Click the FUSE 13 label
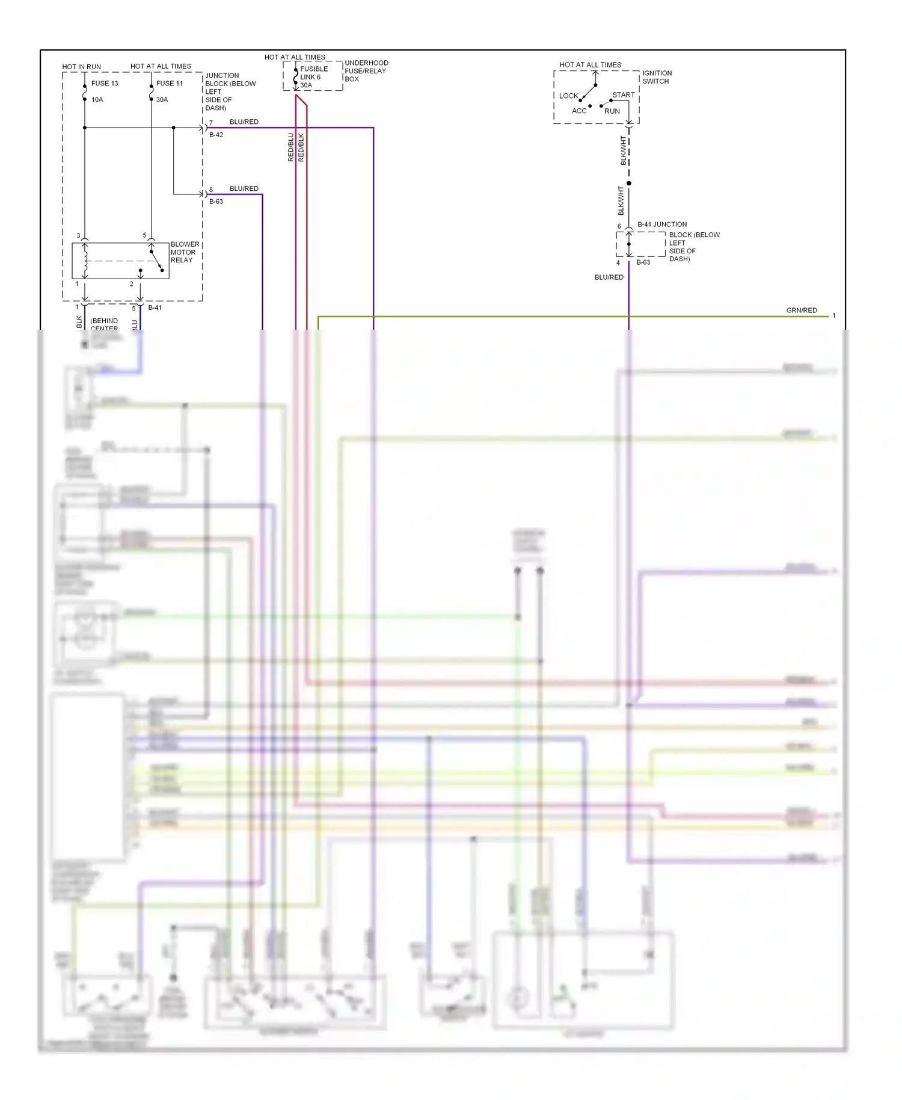[x=105, y=84]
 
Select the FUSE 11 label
[x=170, y=84]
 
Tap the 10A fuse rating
[x=97, y=100]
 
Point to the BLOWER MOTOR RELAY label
[x=185, y=252]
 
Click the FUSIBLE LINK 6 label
[x=313, y=73]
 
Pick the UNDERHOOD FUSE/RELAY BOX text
[x=366, y=71]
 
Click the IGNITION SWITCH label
[x=657, y=77]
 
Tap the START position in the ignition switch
[x=623, y=95]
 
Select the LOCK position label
[x=568, y=96]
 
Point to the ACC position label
[x=579, y=111]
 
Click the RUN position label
[x=612, y=111]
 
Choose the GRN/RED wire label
[x=801, y=311]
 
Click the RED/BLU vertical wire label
[x=291, y=147]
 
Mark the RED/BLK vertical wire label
[x=301, y=147]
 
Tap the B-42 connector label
[x=216, y=135]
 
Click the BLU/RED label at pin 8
[x=244, y=188]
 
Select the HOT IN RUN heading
[x=81, y=67]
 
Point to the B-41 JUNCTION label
[x=661, y=224]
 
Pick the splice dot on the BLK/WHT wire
[x=629, y=183]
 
